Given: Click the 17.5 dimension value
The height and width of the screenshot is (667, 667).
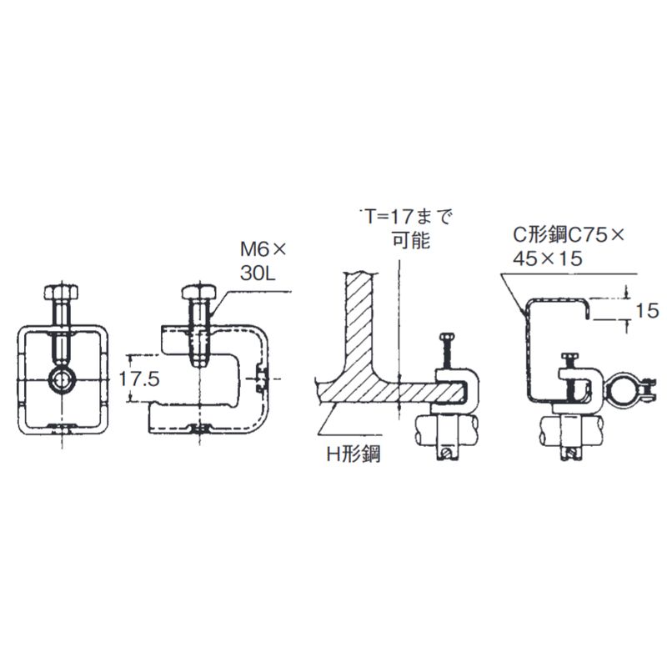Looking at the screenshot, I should click(138, 377).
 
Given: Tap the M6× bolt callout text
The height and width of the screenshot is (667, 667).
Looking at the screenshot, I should click(263, 248).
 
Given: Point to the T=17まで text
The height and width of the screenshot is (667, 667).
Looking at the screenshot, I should click(405, 218).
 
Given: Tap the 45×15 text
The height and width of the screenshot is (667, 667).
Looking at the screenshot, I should click(548, 259).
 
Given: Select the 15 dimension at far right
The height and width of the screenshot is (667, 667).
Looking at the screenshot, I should click(646, 311).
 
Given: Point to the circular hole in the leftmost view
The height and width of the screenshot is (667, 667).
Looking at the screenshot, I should click(61, 380).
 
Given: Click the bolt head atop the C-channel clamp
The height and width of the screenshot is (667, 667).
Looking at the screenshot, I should click(571, 359).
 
